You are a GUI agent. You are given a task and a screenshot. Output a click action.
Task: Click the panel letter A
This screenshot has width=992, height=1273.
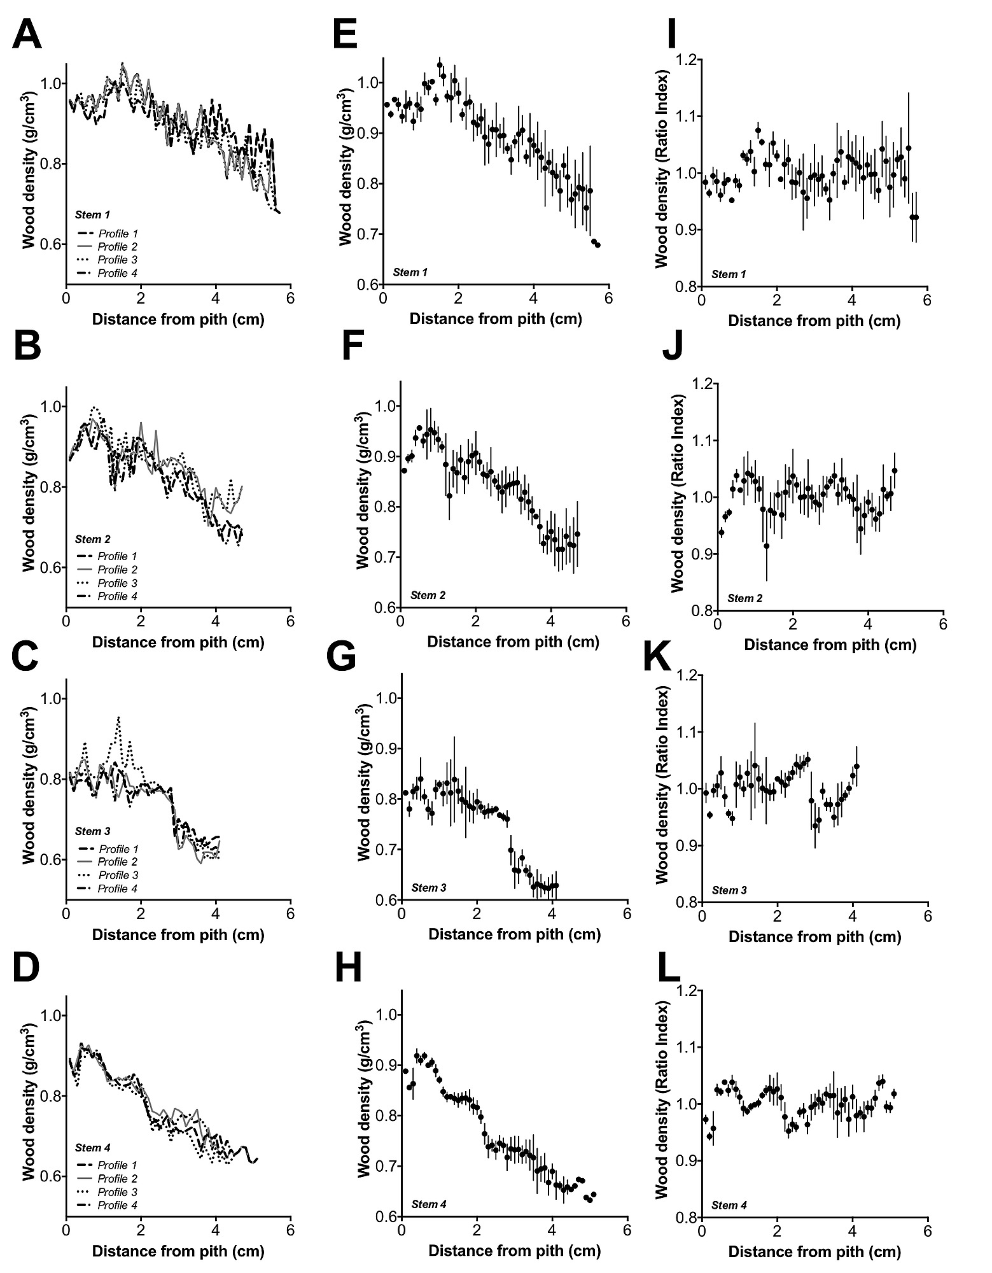point(27,35)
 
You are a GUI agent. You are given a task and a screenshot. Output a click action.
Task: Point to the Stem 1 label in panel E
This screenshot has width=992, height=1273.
point(410,272)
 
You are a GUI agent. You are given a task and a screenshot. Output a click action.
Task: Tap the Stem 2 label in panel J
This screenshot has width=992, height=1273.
point(745,598)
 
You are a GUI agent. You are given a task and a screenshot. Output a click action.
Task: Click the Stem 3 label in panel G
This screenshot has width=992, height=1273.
point(429,888)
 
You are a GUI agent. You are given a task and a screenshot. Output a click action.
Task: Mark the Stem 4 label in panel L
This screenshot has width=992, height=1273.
point(729,1205)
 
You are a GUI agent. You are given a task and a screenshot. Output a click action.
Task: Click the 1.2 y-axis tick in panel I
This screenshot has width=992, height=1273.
point(685,60)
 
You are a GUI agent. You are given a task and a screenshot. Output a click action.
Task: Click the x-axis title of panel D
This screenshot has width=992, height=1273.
point(178,1251)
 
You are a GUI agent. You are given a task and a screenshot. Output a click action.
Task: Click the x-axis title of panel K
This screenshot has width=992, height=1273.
point(815,936)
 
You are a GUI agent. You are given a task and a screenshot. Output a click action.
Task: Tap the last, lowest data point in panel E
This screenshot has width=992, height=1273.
point(597,244)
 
